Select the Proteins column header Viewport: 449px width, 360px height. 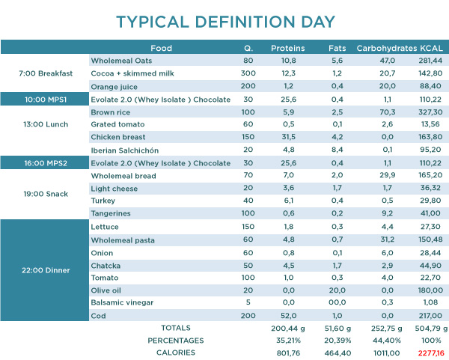[x=287, y=48]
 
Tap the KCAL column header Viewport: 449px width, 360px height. [x=432, y=48]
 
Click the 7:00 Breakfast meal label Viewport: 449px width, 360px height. [x=45, y=73]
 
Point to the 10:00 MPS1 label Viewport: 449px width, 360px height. [x=45, y=99]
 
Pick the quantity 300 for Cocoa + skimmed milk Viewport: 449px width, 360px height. [x=248, y=73]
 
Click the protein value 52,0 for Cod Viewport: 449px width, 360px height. [x=287, y=315]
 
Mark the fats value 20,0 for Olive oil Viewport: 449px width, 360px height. [x=336, y=290]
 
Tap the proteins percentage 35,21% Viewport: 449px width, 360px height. [x=287, y=341]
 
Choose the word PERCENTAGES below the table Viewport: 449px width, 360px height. [x=176, y=341]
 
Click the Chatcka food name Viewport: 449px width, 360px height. [x=106, y=264]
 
